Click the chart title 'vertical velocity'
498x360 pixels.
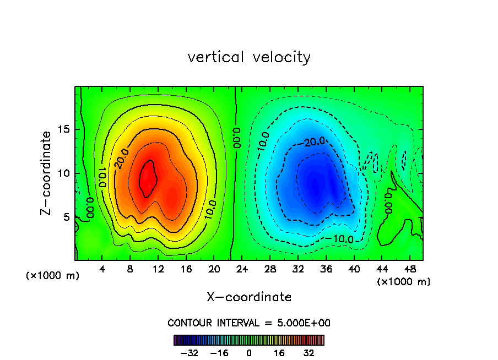pos(249,57)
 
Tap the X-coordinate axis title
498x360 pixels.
pos(249,297)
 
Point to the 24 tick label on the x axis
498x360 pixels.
pos(242,270)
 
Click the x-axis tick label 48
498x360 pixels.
pos(410,270)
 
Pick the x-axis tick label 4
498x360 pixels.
pos(102,270)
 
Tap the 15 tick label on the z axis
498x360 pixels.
pos(63,130)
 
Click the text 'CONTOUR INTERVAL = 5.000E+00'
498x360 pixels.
pos(249,323)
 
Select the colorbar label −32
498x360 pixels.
pos(190,353)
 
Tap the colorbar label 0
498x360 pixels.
pos(249,353)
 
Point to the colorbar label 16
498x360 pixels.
pos(279,353)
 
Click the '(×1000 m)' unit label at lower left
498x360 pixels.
pos(53,276)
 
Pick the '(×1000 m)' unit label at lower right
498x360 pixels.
pos(404,282)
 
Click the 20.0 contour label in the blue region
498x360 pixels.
pos(315,141)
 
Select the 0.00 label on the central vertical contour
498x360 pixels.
pos(236,138)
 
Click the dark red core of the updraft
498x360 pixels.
pos(148,177)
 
